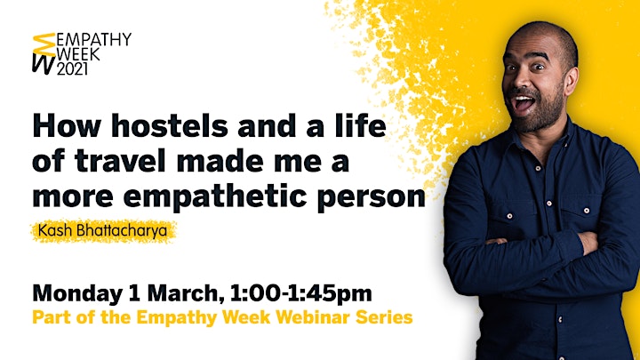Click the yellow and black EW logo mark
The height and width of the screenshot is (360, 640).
click(x=44, y=54)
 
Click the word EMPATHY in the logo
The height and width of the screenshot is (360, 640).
click(x=93, y=40)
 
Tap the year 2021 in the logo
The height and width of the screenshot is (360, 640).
click(x=72, y=69)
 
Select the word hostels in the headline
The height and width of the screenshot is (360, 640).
click(x=170, y=125)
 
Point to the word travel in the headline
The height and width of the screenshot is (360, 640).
click(x=120, y=161)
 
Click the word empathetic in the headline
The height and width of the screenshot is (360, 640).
click(x=215, y=196)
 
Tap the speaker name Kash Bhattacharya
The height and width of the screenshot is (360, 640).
click(x=103, y=230)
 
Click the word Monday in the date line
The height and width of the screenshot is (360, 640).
click(x=77, y=294)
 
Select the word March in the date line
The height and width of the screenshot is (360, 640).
click(x=186, y=293)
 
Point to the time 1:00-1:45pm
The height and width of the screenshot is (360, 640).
click(x=300, y=294)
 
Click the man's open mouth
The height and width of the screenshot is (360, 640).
click(x=524, y=102)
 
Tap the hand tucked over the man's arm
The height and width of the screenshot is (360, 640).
click(x=588, y=243)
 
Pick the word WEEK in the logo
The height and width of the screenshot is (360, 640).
click(x=78, y=54)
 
